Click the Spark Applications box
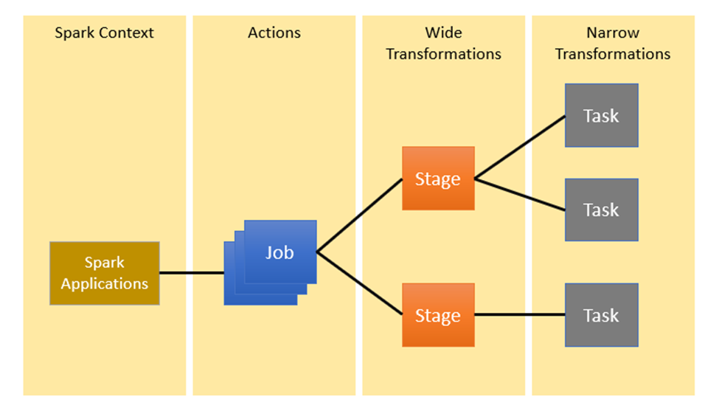coord(105,273)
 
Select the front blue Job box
coord(280,252)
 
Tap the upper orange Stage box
coord(438,179)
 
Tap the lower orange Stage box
coord(438,315)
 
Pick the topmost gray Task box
coord(601,115)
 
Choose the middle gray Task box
coord(601,210)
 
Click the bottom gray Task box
coord(601,315)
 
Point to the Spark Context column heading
coord(105,33)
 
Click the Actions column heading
coord(274,33)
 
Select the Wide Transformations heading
coord(443,44)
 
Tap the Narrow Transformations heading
coord(613,44)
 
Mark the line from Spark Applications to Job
coord(192,273)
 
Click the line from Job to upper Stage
coord(360,216)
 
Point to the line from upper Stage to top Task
coord(520,147)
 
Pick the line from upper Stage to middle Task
coord(520,194)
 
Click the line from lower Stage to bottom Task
coord(520,315)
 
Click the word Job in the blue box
coord(280,252)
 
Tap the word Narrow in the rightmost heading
coord(613,33)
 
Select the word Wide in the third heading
coord(443,33)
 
